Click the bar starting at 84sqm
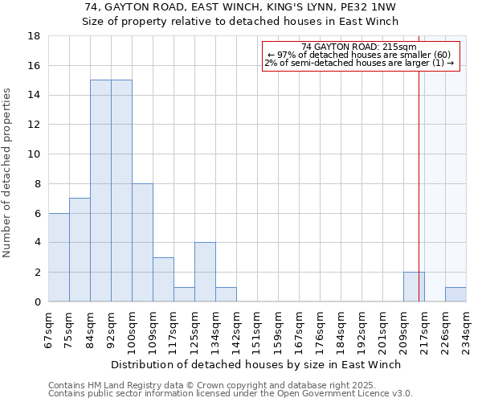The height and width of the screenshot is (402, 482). (x=100, y=191)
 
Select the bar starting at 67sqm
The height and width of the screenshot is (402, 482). (x=59, y=257)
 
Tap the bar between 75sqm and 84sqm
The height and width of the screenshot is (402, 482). (x=80, y=250)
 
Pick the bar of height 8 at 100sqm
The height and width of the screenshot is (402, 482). (x=142, y=243)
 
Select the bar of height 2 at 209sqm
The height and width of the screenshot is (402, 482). (x=414, y=287)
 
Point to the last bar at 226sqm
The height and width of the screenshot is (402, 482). (x=455, y=294)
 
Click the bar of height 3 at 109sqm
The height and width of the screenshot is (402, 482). (x=163, y=279)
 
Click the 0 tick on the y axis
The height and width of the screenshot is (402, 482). (x=38, y=302)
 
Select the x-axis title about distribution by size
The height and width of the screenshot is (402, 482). (x=256, y=364)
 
